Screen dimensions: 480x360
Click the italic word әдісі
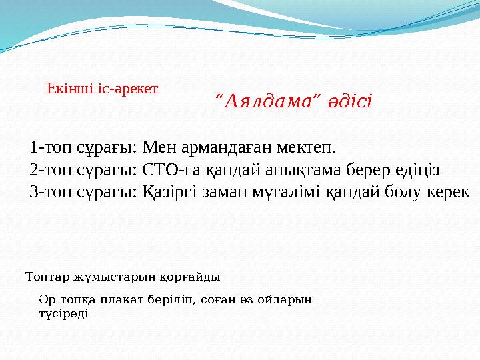click(350, 101)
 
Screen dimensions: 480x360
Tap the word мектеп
click(306, 147)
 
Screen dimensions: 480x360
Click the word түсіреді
click(64, 313)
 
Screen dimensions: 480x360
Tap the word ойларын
click(285, 299)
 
